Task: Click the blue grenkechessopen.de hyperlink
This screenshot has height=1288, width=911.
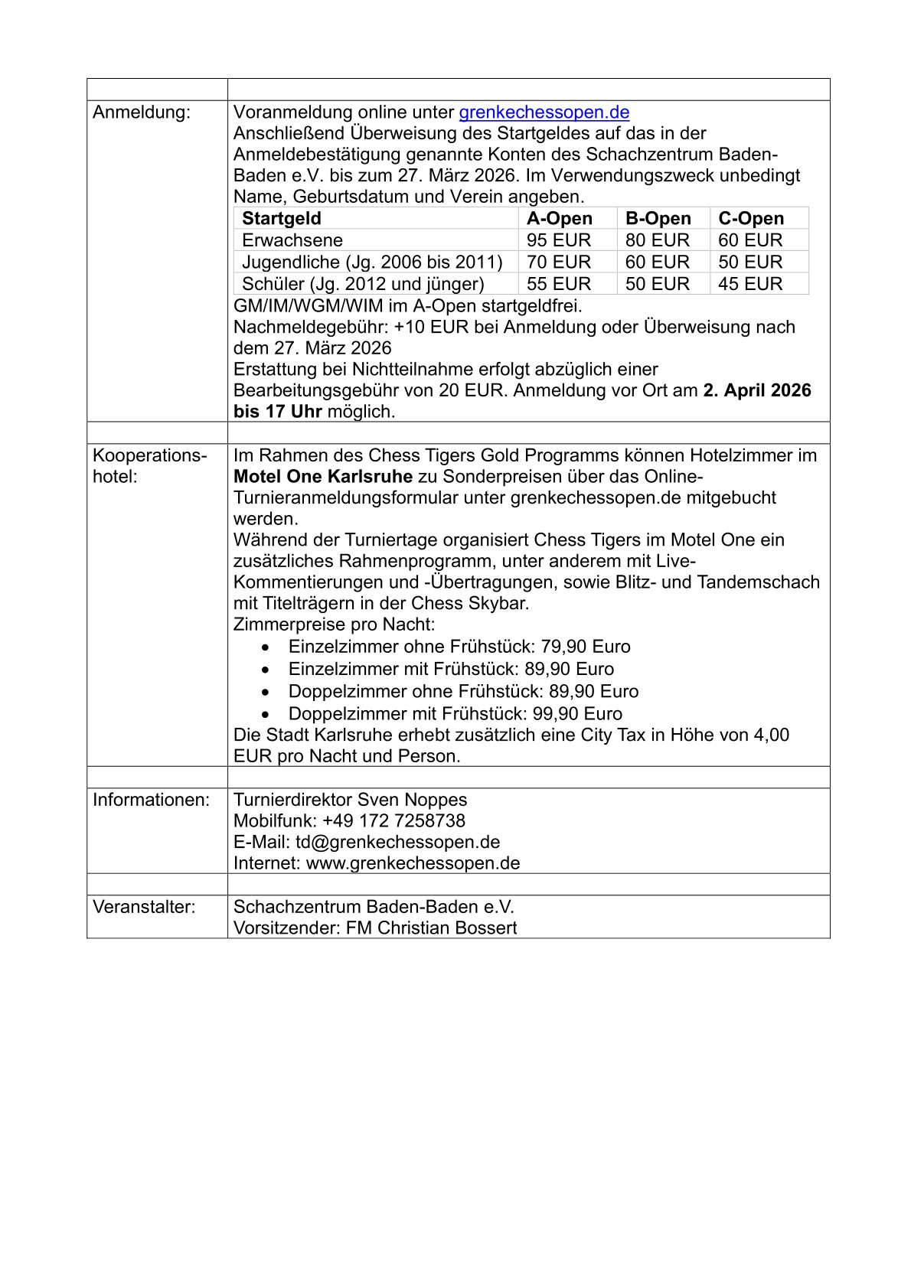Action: pos(544,112)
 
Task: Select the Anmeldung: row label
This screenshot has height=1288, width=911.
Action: pos(142,112)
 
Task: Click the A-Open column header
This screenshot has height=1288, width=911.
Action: pos(559,219)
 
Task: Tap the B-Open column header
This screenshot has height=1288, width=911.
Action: pos(658,219)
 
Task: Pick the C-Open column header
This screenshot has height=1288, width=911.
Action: pos(750,219)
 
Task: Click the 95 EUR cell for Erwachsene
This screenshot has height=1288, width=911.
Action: pos(558,240)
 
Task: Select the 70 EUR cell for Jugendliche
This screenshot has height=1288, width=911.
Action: pos(558,262)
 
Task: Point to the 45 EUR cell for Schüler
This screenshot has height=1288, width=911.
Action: pos(749,284)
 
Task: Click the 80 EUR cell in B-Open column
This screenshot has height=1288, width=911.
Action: pos(657,240)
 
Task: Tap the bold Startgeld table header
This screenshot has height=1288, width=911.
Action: pos(282,219)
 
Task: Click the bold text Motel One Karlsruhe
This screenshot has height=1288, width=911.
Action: pos(323,477)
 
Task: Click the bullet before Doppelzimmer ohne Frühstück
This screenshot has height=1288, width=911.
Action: pos(265,692)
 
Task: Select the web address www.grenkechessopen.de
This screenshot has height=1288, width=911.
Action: pos(413,864)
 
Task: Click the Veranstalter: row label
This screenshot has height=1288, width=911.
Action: pos(144,907)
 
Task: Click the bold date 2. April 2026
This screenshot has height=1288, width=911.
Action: pos(756,390)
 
